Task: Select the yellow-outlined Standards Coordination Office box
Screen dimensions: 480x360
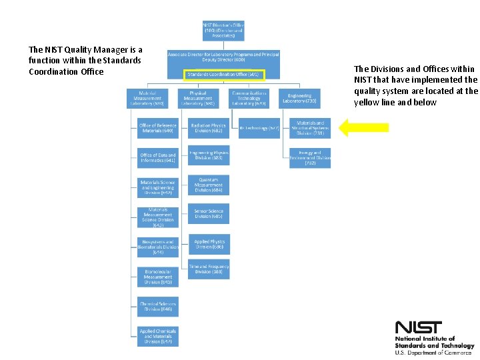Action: click(x=223, y=75)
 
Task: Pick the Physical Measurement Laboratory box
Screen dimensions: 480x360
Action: click(x=202, y=98)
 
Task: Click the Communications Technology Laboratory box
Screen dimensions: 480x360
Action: click(x=249, y=98)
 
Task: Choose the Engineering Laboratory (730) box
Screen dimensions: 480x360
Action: click(x=299, y=98)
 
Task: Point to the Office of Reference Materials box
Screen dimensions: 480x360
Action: click(x=158, y=127)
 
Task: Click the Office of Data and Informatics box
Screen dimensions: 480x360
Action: click(x=158, y=157)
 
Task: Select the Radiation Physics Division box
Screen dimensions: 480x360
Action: click(x=209, y=127)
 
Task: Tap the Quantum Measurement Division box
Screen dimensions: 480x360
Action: click(x=209, y=185)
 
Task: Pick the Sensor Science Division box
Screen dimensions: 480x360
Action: click(x=209, y=213)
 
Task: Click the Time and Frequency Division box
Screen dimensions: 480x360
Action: click(x=209, y=269)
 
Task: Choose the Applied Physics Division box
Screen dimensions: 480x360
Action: click(x=209, y=244)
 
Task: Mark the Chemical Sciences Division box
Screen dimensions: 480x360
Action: click(x=158, y=307)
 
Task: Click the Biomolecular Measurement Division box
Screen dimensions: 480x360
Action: click(x=158, y=277)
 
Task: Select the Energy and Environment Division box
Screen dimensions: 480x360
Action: click(x=310, y=158)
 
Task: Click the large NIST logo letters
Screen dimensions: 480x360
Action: click(x=418, y=327)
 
